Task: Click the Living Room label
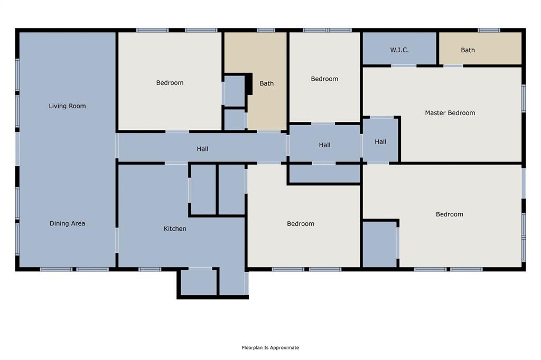coord(67,106)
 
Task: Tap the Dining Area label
coord(67,223)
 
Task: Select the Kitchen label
coord(175,229)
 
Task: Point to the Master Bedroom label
coord(450,112)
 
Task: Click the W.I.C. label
coord(399,50)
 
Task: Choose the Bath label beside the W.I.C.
coord(468,50)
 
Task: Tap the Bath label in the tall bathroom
coord(267,83)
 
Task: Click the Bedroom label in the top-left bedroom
coord(170,83)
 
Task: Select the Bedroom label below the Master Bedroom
coord(449,214)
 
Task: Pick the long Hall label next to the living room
coord(202,149)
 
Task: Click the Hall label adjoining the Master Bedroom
coord(380,141)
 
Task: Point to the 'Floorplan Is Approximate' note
coord(270,347)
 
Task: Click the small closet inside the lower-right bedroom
coord(379,244)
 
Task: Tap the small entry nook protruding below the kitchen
coord(199,282)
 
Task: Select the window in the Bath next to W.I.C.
coord(489,30)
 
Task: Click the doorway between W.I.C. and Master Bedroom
coord(404,65)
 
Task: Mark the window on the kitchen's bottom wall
coord(150,269)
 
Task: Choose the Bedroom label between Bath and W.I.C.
coord(324,79)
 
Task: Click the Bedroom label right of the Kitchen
coord(301,224)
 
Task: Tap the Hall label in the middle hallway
coord(324,145)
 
